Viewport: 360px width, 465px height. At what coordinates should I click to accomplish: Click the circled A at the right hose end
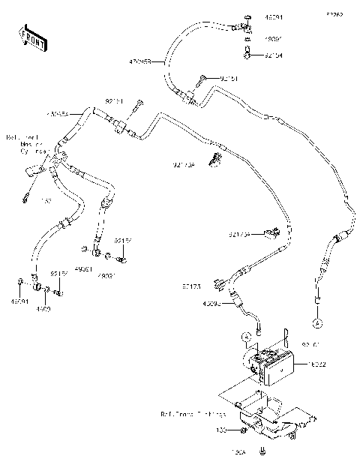click(317, 322)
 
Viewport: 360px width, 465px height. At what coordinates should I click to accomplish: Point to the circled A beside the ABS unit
click(247, 337)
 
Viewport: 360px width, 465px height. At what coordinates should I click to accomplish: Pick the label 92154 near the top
click(274, 55)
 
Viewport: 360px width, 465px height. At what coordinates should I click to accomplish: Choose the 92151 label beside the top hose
click(230, 77)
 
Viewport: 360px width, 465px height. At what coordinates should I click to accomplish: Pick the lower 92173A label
click(240, 234)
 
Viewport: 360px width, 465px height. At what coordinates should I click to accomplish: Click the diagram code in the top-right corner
click(333, 14)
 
